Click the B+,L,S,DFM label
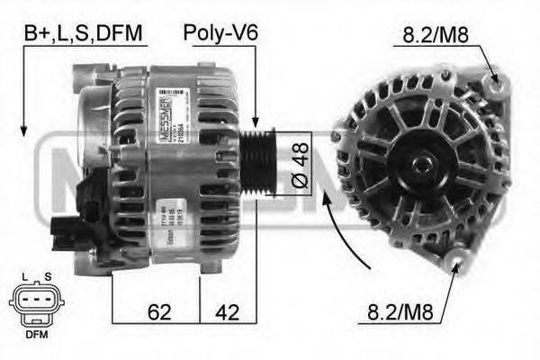(x=83, y=34)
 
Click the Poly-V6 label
(x=220, y=34)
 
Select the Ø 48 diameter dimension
(x=301, y=167)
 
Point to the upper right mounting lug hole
(x=494, y=86)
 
